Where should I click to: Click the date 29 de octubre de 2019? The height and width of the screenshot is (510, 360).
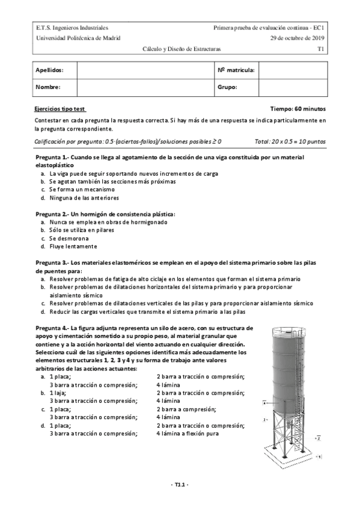[x=297, y=37]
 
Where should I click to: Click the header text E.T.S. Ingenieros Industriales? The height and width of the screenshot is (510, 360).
[x=72, y=28]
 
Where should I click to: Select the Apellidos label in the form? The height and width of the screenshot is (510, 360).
[x=49, y=70]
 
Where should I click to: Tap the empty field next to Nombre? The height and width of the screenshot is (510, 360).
[x=145, y=87]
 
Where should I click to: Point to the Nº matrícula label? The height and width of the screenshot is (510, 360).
[x=236, y=70]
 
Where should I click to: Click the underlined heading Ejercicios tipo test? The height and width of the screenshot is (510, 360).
[x=61, y=109]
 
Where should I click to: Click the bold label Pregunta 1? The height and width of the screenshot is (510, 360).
[x=52, y=157]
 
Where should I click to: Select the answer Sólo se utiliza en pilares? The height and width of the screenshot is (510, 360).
[x=82, y=230]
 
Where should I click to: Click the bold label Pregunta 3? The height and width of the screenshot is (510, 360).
[x=52, y=263]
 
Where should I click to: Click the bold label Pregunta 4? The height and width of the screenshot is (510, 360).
[x=52, y=328]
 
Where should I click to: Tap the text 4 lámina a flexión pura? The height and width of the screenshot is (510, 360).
[x=188, y=433]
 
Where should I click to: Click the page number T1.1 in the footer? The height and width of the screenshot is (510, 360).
[x=180, y=485]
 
